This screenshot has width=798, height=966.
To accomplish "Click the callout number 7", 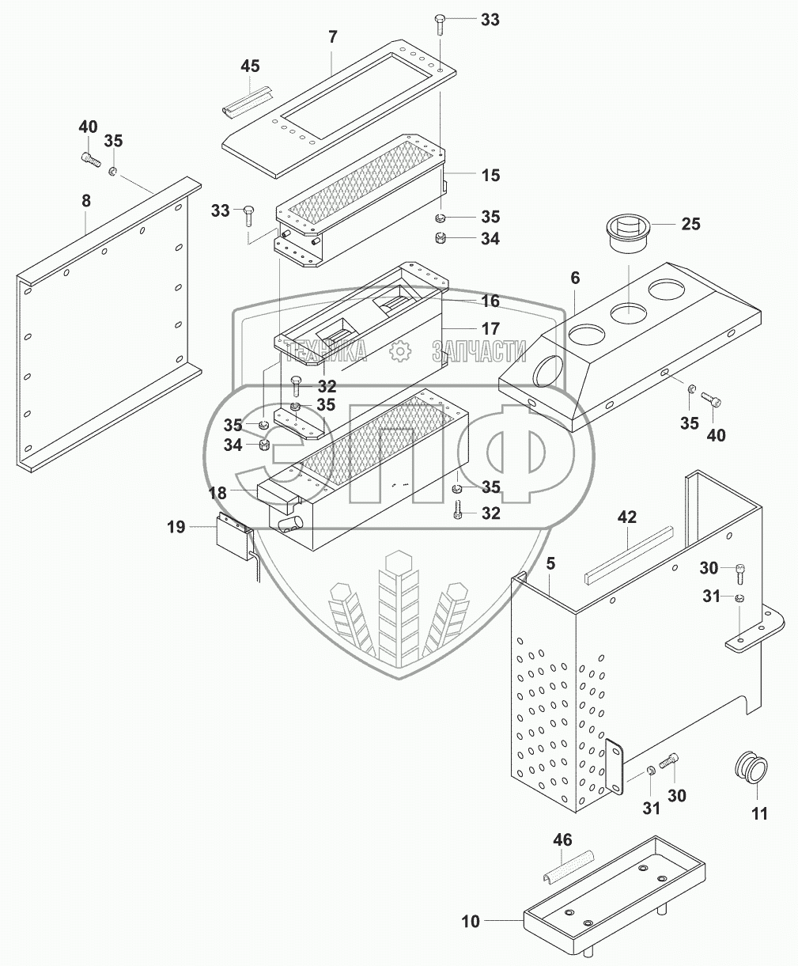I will (x=333, y=36).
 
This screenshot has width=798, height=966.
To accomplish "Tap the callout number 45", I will (x=250, y=66).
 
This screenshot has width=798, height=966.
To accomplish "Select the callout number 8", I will (x=86, y=202).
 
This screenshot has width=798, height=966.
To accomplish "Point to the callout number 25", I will (x=690, y=225).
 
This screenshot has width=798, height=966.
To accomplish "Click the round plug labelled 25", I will (x=630, y=233).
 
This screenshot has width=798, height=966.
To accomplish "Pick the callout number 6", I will (x=575, y=278).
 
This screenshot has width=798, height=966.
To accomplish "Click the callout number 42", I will (x=627, y=518).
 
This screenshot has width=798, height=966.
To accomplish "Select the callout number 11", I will (x=759, y=813).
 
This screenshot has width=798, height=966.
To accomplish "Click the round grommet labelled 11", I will (x=750, y=768).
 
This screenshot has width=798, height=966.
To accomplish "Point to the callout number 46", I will (x=562, y=840).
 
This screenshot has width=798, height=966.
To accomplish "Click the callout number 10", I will (x=471, y=922).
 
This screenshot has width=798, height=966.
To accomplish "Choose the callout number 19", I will (x=176, y=525).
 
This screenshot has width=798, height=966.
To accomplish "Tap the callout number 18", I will (x=217, y=493).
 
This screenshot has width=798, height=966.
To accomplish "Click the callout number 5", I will (x=550, y=564).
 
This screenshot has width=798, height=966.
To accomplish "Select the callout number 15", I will (x=490, y=175).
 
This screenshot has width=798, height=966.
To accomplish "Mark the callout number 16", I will (x=490, y=301).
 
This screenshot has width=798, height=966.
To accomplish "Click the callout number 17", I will (x=490, y=328).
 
